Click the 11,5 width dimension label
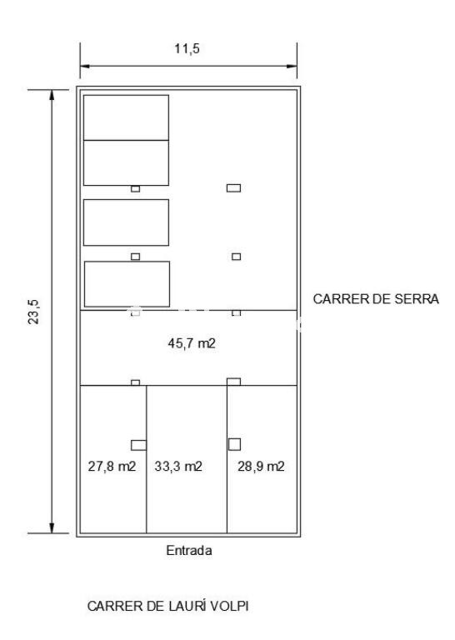pos(187,48)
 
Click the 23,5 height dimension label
pos(34,312)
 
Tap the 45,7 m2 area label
pos(192,343)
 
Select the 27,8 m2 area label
pos(112,466)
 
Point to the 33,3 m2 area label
pos(178,466)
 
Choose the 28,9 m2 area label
pos(261,466)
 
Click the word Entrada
pos(189,551)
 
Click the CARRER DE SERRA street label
pos(376,299)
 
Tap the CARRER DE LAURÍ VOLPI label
pos(167,606)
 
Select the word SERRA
pos(417,299)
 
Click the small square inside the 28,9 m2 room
pos(234,444)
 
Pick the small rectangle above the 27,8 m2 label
pos(138,445)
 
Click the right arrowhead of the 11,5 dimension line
pos(292,66)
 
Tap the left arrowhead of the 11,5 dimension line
pos(85,66)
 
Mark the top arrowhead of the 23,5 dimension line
pos(52,95)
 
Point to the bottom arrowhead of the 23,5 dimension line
pos(52,527)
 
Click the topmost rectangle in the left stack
pos(126,117)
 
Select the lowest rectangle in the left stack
pos(127,284)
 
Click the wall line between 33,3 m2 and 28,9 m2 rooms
pos(227,459)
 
